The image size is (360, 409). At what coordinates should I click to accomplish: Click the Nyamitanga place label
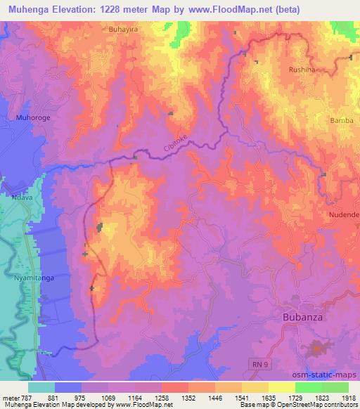(x=29, y=278)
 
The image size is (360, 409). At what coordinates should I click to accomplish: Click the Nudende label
(x=344, y=214)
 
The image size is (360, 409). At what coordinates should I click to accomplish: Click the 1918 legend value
(x=348, y=397)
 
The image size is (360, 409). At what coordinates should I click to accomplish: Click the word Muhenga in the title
(x=26, y=9)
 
